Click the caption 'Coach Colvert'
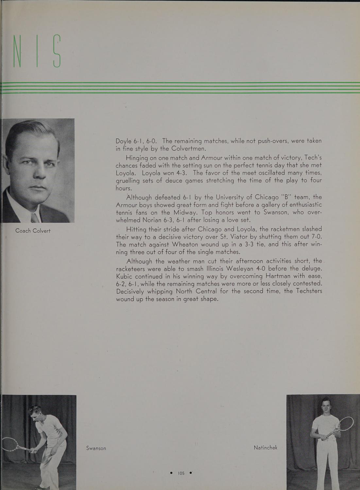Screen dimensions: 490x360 (x=33, y=231)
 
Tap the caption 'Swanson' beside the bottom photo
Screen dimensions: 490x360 (x=96, y=448)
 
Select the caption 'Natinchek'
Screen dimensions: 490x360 (x=265, y=448)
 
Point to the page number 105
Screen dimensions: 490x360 (x=181, y=473)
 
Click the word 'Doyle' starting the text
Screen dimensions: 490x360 (x=124, y=141)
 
